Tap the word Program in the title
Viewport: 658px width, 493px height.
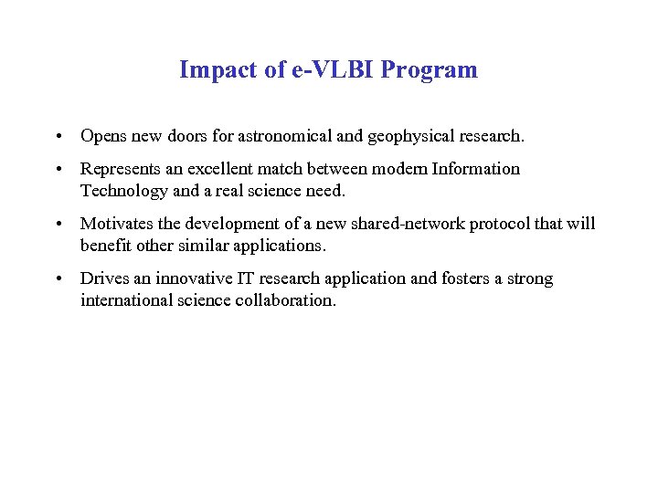pos(434,70)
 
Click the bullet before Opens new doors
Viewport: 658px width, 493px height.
pos(57,137)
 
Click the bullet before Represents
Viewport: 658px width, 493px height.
pos(57,170)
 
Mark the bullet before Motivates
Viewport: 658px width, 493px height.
pos(57,225)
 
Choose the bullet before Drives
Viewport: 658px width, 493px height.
pos(57,279)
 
